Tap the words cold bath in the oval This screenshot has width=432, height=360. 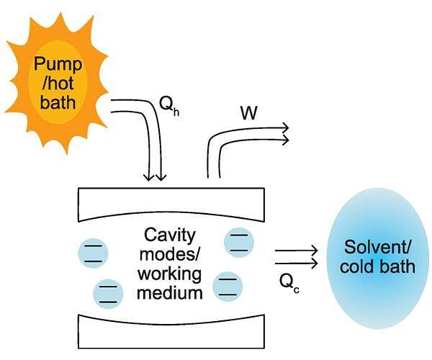pos(379,267)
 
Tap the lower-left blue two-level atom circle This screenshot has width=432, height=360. pos(109,292)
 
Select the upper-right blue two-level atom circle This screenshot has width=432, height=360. pos(238,240)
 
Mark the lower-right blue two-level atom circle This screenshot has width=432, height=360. pos(228,287)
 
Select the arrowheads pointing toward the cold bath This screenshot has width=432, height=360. pos(312,256)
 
